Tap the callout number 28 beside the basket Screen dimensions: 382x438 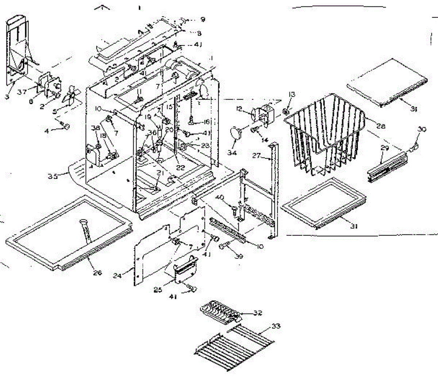click(x=381, y=126)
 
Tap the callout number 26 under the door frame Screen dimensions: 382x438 click(x=97, y=272)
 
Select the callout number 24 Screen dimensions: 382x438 click(x=117, y=276)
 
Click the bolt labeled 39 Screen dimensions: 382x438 click(x=222, y=246)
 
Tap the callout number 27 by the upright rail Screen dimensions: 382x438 click(x=256, y=156)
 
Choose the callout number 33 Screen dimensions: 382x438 click(x=276, y=326)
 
